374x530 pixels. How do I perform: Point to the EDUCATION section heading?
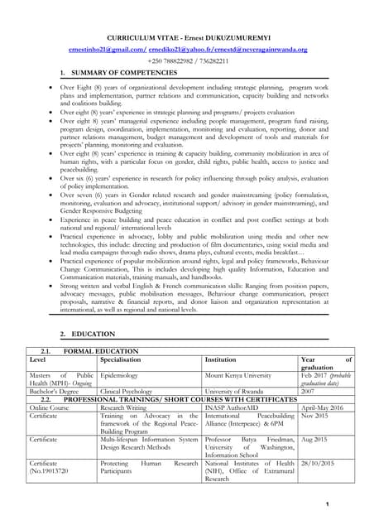point(87,334)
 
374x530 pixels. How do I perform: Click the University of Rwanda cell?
point(240,390)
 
